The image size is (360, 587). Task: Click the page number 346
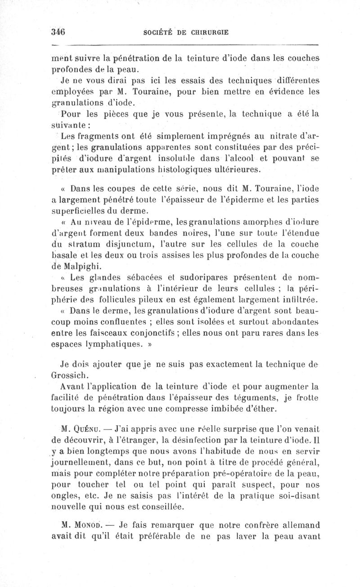tap(58, 32)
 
